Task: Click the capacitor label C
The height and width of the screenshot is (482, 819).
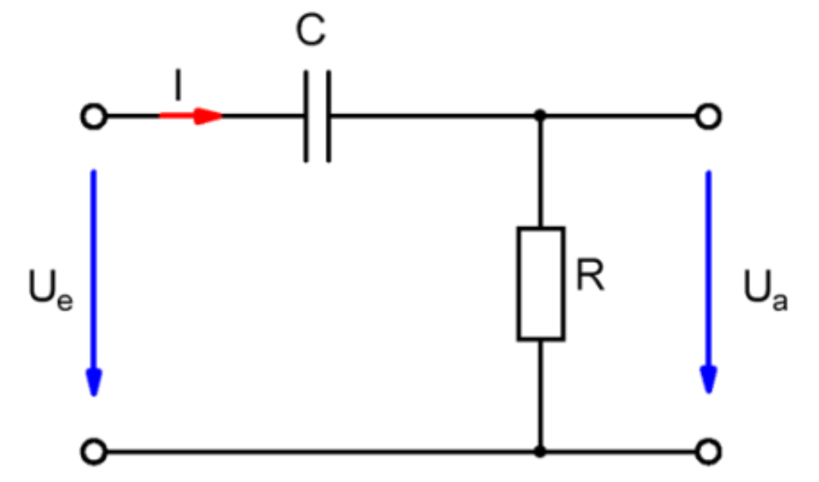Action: (310, 32)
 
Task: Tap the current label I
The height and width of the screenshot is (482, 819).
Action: (178, 88)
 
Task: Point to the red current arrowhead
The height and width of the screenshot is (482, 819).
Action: (208, 116)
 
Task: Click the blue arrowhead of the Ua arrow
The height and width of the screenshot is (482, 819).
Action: (708, 380)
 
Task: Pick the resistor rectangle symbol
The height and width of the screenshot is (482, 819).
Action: (540, 284)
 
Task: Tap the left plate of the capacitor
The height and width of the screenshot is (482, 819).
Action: (306, 116)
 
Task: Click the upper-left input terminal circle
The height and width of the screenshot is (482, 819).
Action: (94, 117)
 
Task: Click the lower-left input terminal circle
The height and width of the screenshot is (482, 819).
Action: (94, 452)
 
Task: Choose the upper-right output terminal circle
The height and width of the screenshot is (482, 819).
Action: (708, 117)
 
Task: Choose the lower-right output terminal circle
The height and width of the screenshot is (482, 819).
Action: (708, 452)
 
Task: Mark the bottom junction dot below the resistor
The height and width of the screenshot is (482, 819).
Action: (540, 452)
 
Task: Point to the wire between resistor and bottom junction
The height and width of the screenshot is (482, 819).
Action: (540, 395)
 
